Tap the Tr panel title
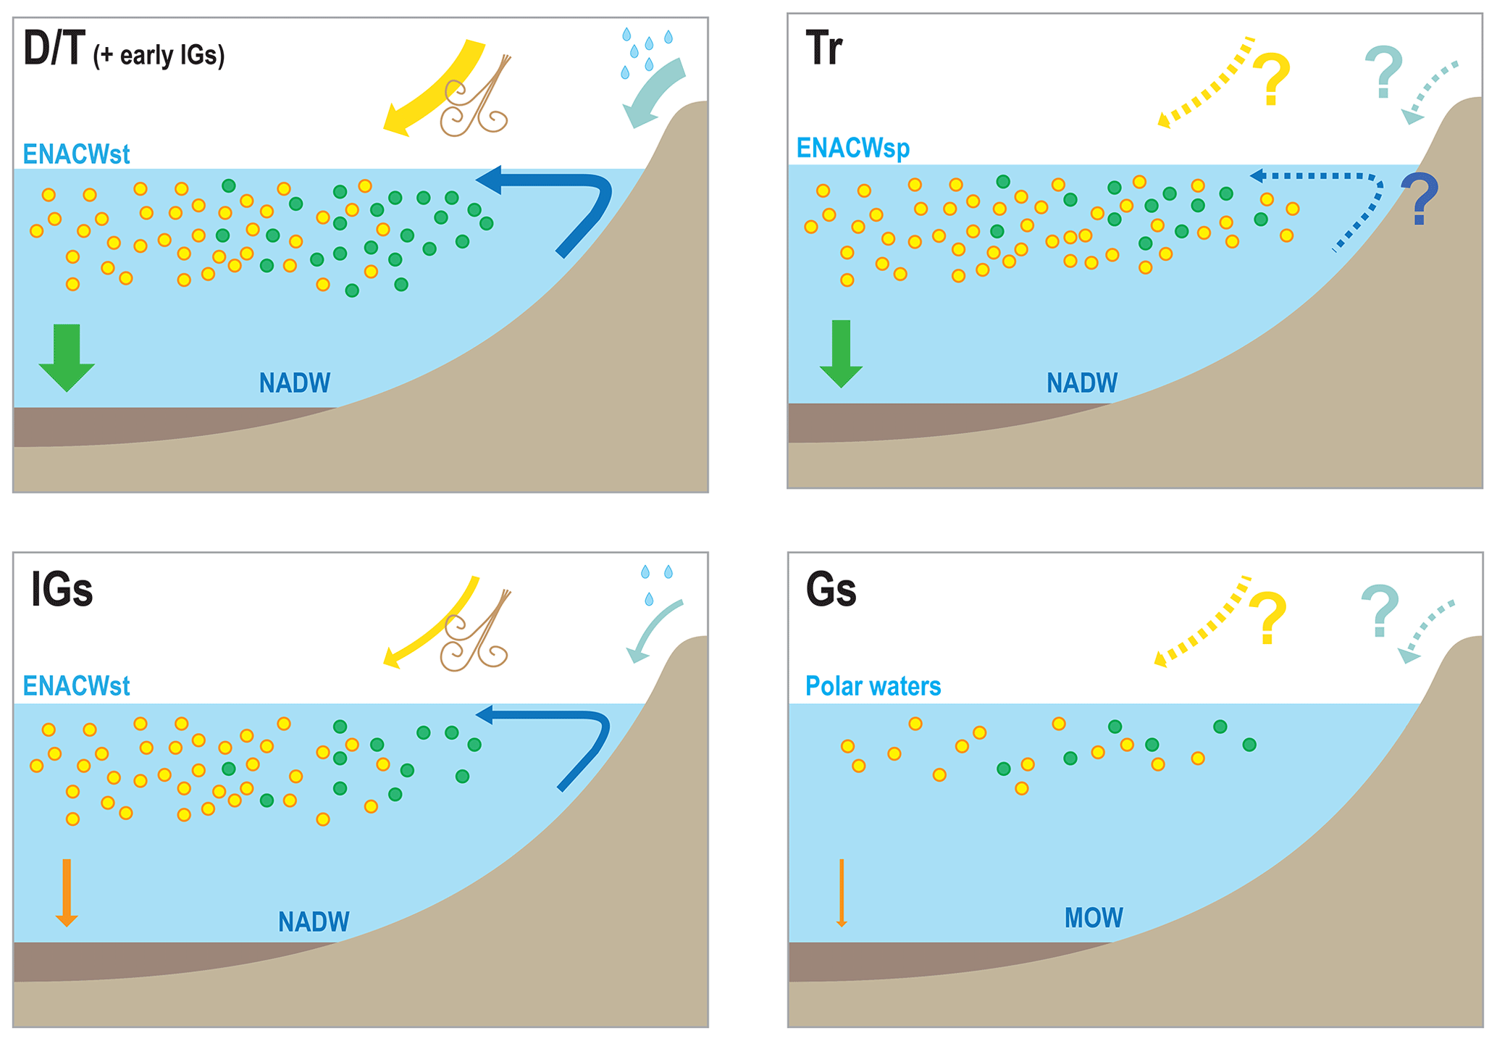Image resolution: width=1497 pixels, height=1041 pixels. tap(823, 49)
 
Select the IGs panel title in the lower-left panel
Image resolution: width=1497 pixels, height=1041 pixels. tap(62, 590)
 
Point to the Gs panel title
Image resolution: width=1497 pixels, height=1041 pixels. tap(831, 590)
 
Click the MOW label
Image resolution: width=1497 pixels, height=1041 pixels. tap(1093, 918)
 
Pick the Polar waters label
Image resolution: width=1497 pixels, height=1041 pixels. tap(873, 685)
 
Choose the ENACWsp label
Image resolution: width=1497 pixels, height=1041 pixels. tap(852, 148)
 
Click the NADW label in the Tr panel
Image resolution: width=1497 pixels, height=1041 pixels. tap(1082, 382)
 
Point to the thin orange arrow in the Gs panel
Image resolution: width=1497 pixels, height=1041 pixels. tap(842, 892)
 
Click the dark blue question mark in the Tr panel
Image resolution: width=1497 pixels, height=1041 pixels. tap(1420, 199)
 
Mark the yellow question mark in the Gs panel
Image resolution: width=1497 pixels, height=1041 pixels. tap(1267, 618)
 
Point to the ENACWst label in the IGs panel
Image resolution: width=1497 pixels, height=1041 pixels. tap(76, 685)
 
